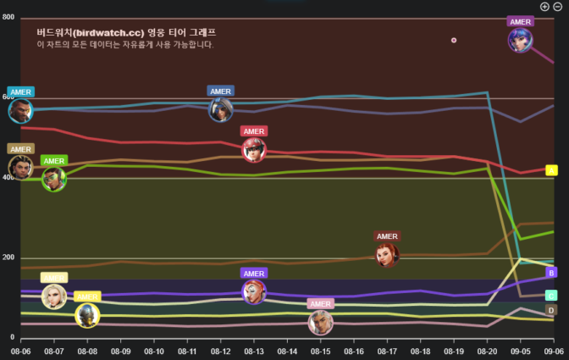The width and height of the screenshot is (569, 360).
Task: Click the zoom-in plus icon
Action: (544, 6)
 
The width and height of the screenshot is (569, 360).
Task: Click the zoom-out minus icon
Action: (558, 6)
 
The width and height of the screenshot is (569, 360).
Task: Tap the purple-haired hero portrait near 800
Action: (520, 40)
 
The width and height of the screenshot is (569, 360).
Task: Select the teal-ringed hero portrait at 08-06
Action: (20, 111)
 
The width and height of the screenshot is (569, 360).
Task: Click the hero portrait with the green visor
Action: (54, 180)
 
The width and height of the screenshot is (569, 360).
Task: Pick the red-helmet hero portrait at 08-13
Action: (253, 150)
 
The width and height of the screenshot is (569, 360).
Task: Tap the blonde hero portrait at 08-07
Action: (54, 296)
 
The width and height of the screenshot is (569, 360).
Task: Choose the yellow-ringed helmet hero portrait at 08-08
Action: (86, 315)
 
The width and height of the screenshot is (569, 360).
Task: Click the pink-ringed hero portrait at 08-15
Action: (320, 323)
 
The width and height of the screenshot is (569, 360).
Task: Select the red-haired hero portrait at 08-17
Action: (387, 255)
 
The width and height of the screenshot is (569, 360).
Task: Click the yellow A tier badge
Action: (551, 170)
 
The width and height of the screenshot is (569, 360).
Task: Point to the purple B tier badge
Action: (551, 273)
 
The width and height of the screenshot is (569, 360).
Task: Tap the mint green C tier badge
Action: (551, 296)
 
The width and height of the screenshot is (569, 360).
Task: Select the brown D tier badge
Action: (551, 311)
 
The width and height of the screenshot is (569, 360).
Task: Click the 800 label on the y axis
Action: (8, 17)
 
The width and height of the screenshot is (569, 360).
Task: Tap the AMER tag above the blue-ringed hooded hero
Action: (220, 91)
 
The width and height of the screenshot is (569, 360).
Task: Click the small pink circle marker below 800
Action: (454, 40)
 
